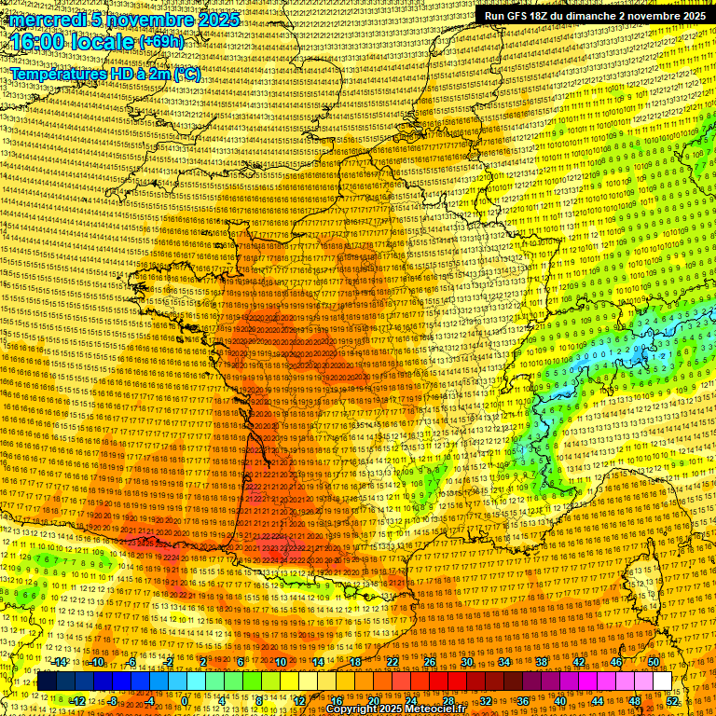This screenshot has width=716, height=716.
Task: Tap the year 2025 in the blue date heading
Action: [216, 20]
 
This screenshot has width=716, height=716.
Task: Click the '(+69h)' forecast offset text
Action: [161, 43]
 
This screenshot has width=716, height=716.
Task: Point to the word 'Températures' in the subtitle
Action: [58, 74]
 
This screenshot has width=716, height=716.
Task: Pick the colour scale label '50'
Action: [654, 662]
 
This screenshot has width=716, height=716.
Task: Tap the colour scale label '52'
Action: [672, 700]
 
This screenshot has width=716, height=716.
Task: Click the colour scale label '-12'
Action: [77, 700]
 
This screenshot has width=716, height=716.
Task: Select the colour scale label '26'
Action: [430, 662]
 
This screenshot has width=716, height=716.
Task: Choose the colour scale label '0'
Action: [186, 700]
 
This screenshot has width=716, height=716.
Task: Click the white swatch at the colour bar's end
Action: [662, 682]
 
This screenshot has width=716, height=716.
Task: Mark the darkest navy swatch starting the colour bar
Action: [47, 682]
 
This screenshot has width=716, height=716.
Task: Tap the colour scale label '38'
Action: [542, 662]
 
